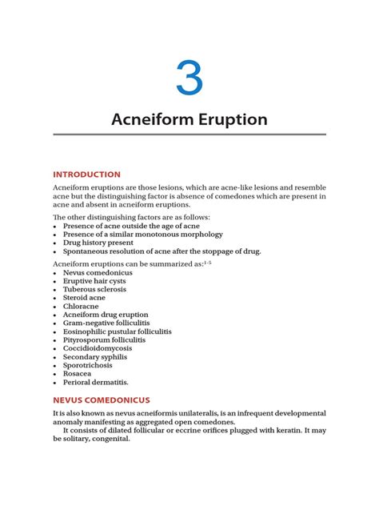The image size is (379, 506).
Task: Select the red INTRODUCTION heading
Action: point(86,174)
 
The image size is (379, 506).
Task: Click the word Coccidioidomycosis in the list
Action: point(98,348)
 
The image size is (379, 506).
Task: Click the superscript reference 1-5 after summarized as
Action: point(207,261)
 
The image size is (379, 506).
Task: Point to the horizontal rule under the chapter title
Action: point(189,135)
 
